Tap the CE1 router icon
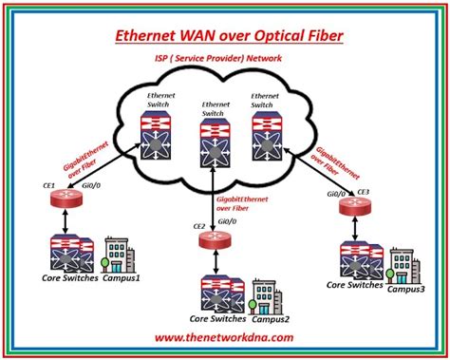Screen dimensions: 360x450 62,201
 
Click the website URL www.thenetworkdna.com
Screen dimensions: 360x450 224,336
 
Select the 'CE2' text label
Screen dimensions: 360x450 199,226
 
